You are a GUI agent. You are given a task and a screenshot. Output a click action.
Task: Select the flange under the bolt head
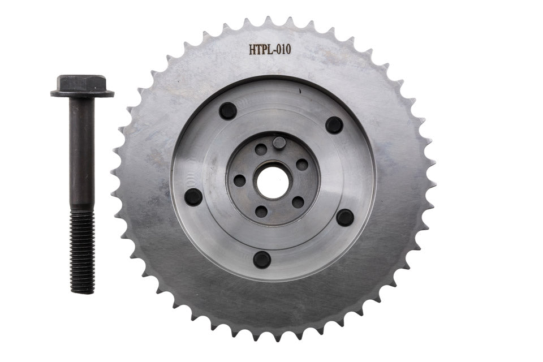pos(83,93)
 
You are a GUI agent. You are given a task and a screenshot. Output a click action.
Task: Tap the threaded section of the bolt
pos(83,252)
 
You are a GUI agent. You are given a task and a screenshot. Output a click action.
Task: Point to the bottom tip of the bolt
pos(83,294)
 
